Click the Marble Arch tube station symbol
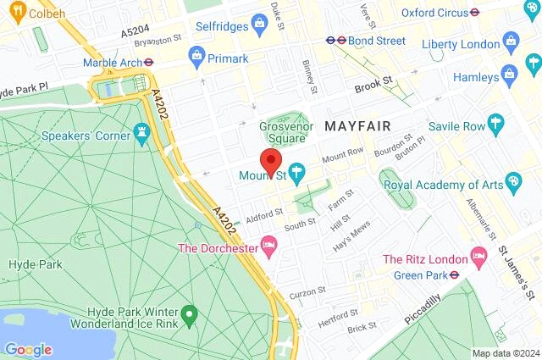pos(148,61)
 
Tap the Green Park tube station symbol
pos(454,274)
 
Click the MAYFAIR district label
pos(357,126)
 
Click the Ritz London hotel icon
pos(479,257)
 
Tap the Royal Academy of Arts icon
pos(513,183)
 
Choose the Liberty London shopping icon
pos(510,40)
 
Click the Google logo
pos(28,349)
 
